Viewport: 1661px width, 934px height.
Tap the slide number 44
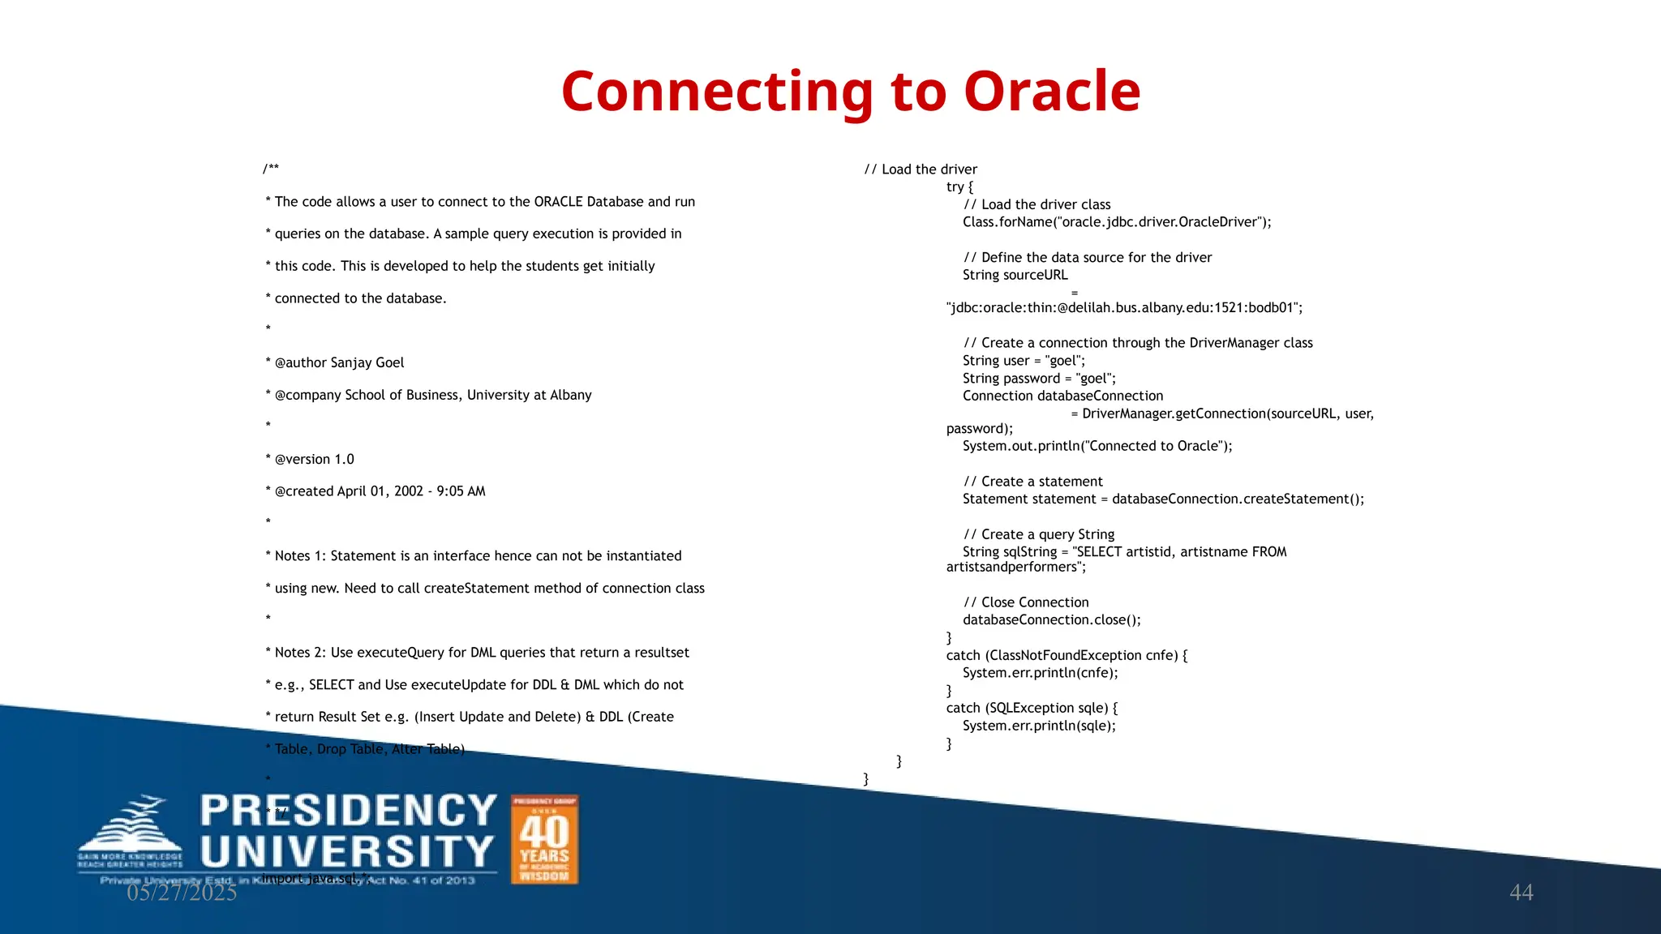tap(1521, 892)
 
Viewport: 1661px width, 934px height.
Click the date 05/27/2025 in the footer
tap(182, 893)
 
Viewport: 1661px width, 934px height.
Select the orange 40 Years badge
tap(544, 839)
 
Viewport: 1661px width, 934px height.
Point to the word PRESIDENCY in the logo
tap(348, 811)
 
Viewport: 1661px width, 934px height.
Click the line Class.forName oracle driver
tap(1116, 222)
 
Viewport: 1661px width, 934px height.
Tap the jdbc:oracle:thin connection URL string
tap(1124, 308)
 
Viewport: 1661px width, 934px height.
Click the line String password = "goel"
tap(1039, 379)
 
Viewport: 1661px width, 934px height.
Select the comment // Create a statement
tap(1032, 482)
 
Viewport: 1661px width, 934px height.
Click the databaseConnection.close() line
tap(1051, 620)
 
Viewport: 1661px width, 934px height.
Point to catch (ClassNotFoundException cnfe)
tap(1066, 655)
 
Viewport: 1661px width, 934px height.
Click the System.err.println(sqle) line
tap(1039, 726)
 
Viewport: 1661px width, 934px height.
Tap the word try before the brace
tap(955, 186)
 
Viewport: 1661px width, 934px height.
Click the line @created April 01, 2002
tap(380, 491)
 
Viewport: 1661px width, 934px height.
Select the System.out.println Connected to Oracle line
tap(1097, 446)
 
